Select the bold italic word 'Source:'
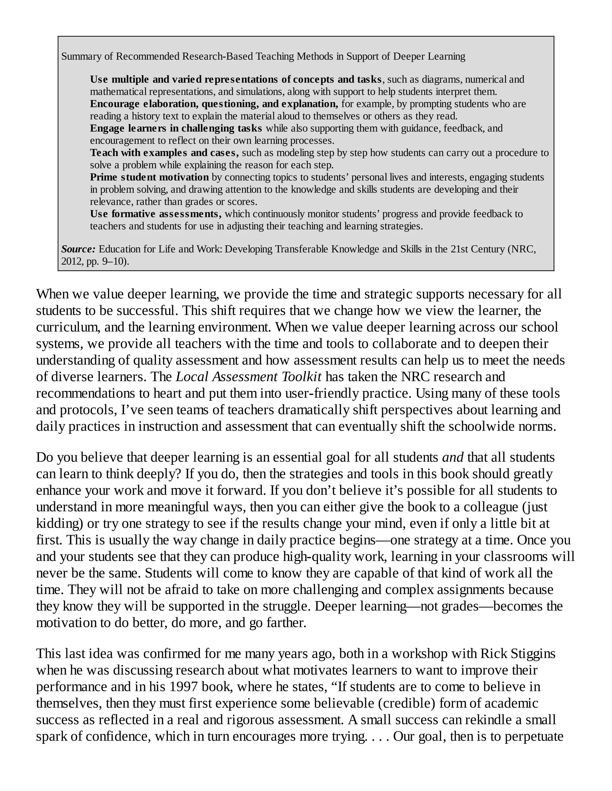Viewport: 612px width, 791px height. pyautogui.click(x=78, y=249)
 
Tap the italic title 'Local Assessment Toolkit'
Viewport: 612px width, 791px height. pyautogui.click(x=248, y=377)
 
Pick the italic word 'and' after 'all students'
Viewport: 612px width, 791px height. pyautogui.click(x=452, y=457)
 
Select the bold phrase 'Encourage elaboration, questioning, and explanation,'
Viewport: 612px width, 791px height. pyautogui.click(x=214, y=104)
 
